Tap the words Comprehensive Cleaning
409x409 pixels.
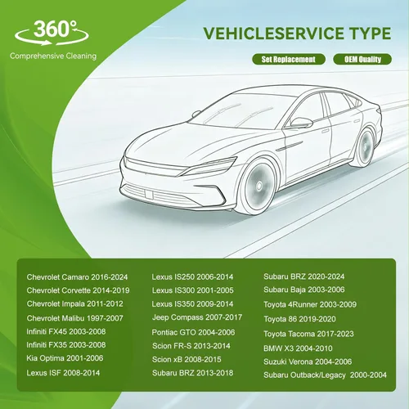pyautogui.click(x=53, y=56)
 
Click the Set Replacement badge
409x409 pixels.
pyautogui.click(x=289, y=59)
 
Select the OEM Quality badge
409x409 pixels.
pyautogui.click(x=362, y=59)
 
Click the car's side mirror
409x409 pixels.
pyautogui.click(x=301, y=122)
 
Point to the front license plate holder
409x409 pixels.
pyautogui.click(x=149, y=194)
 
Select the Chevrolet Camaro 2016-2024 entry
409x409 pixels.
pyautogui.click(x=77, y=277)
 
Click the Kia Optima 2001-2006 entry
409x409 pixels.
pyautogui.click(x=65, y=358)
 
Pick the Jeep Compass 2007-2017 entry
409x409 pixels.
pyautogui.click(x=197, y=317)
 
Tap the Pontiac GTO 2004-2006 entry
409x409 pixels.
pyautogui.click(x=193, y=332)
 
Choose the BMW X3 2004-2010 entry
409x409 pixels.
pyautogui.click(x=298, y=348)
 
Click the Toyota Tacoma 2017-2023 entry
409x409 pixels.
pyautogui.click(x=308, y=334)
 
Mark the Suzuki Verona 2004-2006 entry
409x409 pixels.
pyautogui.click(x=308, y=362)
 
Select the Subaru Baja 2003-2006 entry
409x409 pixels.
pyautogui.click(x=304, y=290)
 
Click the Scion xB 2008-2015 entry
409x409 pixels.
pyautogui.click(x=187, y=359)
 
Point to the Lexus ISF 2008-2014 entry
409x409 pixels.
pyautogui.click(x=63, y=373)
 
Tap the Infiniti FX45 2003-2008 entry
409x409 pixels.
pyautogui.click(x=66, y=331)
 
